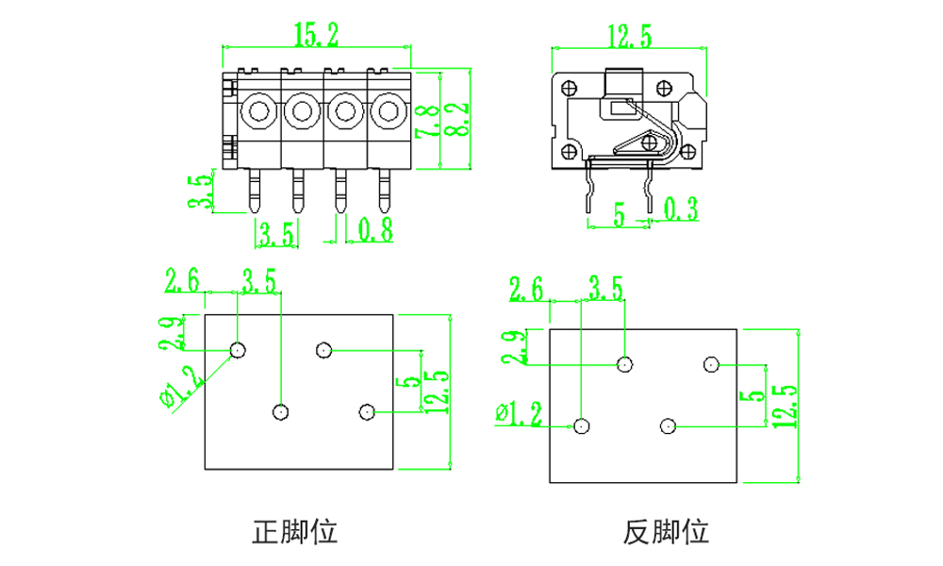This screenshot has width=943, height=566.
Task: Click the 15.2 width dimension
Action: (315, 36)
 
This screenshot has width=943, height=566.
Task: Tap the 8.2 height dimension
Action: (455, 120)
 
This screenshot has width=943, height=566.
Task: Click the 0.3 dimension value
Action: (681, 209)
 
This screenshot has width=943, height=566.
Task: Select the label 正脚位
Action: (294, 532)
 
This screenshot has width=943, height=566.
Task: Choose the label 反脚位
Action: (666, 532)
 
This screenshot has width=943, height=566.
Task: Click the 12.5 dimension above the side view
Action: (629, 37)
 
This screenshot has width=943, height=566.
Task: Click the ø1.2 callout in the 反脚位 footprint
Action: (519, 413)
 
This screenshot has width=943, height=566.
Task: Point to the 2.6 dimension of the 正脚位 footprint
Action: (182, 280)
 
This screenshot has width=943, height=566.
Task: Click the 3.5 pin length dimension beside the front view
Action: (199, 191)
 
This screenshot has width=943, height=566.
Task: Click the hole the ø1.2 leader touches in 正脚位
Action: (238, 350)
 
